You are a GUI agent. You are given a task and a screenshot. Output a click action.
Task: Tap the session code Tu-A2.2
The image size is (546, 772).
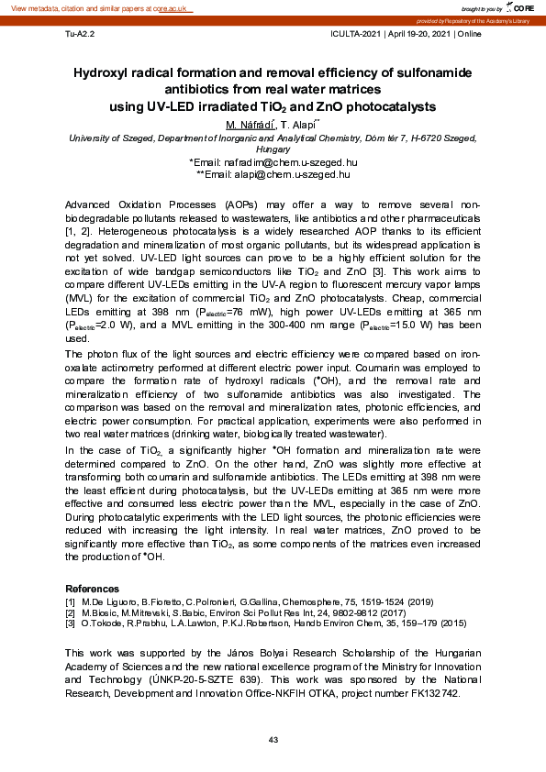79,34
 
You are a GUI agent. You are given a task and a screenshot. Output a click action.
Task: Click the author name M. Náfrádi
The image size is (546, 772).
250,124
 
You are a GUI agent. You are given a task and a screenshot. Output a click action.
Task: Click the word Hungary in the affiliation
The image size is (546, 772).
273,149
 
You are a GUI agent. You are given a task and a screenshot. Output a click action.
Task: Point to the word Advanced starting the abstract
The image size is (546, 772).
92,203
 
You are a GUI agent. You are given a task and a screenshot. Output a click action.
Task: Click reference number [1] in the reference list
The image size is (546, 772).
71,600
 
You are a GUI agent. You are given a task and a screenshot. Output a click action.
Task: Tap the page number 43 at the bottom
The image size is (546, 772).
273,740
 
